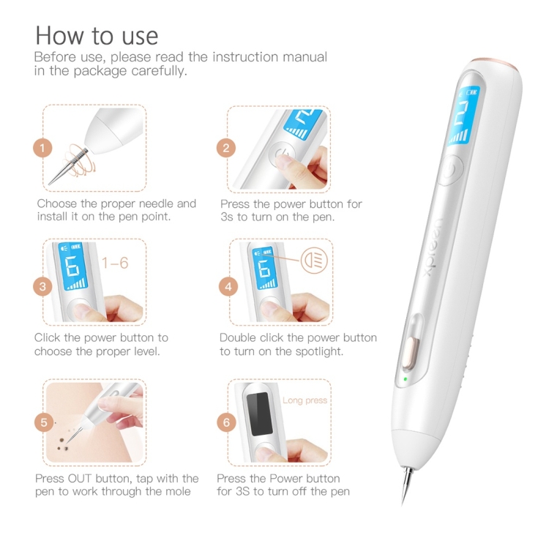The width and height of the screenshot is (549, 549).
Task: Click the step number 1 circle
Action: point(42,148)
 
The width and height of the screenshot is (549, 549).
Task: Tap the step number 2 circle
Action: point(226,148)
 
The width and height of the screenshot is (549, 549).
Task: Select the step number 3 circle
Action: point(42,287)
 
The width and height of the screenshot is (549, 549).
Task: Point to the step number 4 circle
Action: point(228,287)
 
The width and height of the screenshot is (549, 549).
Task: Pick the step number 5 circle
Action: point(44,422)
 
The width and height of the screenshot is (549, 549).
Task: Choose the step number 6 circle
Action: point(226,422)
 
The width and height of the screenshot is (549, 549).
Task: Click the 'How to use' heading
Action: point(97,35)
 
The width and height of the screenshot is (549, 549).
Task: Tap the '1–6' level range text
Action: point(115,263)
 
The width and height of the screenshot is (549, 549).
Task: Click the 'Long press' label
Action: point(305,400)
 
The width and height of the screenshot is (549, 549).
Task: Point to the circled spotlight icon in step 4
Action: point(314,261)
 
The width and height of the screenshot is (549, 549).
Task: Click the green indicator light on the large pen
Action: point(405,379)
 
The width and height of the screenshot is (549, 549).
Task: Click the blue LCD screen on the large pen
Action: point(464,116)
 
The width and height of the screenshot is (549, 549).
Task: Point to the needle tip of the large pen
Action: point(403,505)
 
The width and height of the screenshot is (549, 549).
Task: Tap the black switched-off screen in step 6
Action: point(259,414)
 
